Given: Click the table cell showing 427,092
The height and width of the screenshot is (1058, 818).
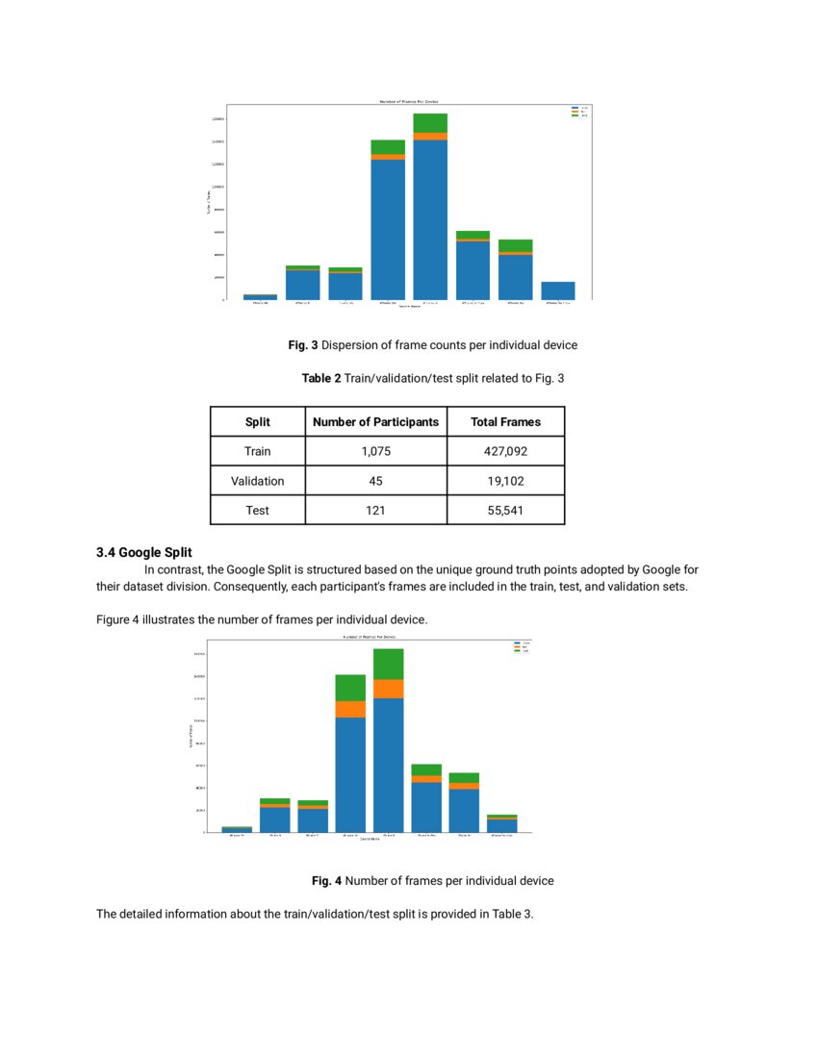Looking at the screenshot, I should pos(505,451).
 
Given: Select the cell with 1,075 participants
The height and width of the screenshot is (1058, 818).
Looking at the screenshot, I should pos(375,451).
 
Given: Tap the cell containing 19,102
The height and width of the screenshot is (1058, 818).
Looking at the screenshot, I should pos(505,481).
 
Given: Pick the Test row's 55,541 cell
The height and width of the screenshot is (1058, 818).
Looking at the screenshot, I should pos(505,510).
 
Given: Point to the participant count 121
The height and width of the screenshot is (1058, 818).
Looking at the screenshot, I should pos(375,510).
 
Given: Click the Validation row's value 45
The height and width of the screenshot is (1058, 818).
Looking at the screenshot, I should pos(375,481).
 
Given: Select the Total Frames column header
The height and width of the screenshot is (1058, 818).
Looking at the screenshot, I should pos(505,422).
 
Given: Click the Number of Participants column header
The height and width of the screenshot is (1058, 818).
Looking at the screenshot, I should pos(375,422).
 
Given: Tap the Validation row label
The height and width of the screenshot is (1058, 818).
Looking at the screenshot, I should pos(257,481).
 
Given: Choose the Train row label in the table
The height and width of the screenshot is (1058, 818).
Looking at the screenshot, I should pos(257,451).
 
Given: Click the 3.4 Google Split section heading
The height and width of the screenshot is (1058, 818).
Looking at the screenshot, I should pos(143,552).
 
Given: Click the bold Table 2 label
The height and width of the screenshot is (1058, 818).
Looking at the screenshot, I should pos(321,379).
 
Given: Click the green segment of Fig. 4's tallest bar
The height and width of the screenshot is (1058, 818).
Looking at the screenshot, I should pos(388,664).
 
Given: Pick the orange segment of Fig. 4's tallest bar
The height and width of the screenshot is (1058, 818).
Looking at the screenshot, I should pos(388,689).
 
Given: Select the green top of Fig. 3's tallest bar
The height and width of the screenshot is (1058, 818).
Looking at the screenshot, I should pos(430,122).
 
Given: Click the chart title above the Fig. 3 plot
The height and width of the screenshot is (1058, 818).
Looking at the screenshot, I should pos(408,101).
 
